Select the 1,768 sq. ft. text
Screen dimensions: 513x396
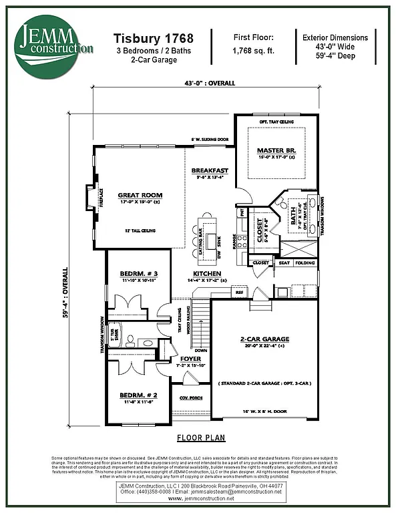(x=253, y=51)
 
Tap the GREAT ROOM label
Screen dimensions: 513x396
(x=140, y=195)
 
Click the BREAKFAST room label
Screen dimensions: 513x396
(x=210, y=171)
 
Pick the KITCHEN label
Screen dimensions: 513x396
(x=208, y=274)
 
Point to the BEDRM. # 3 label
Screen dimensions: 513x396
(x=139, y=274)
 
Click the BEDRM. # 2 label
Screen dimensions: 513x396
(x=139, y=394)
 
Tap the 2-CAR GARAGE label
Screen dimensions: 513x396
(x=264, y=339)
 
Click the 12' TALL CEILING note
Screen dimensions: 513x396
(x=141, y=230)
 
